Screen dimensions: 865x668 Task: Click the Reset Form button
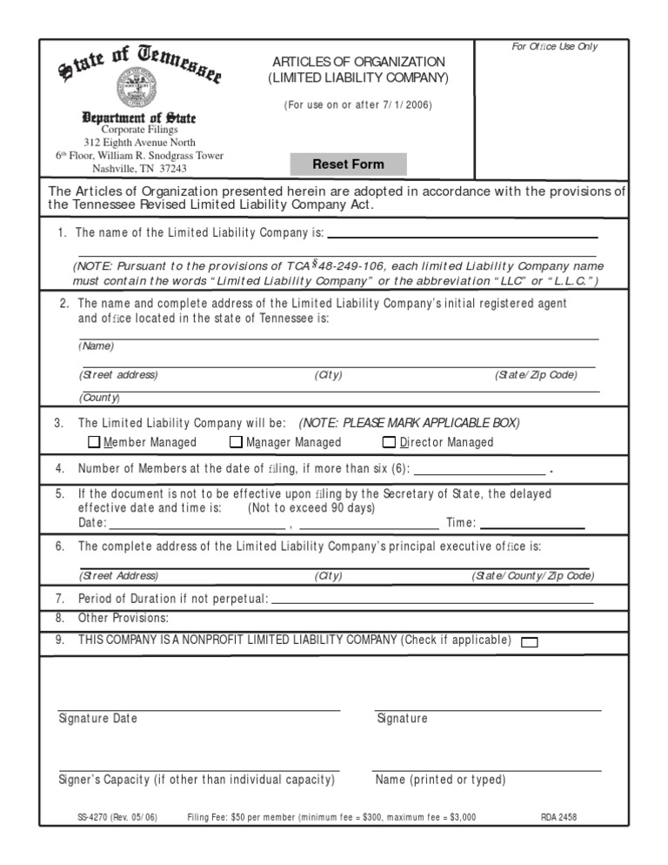tap(348, 164)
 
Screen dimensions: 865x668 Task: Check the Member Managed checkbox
tap(95, 442)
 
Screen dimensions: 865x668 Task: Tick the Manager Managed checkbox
tap(236, 442)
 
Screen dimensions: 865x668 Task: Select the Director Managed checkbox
tap(389, 442)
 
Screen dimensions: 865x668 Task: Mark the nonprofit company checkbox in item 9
tap(529, 642)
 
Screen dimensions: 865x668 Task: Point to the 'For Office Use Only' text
tap(554, 46)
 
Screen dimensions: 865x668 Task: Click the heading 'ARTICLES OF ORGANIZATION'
tap(358, 62)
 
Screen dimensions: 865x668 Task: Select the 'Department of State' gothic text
tap(139, 117)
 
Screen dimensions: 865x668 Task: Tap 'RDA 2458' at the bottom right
tap(558, 818)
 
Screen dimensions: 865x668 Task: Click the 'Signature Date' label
tap(97, 719)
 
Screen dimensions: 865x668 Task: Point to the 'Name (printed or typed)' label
tap(440, 780)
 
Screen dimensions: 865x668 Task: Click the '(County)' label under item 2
tap(100, 398)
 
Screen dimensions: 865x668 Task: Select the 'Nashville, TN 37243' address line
tap(139, 169)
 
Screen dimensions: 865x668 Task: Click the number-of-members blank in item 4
tap(479, 469)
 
